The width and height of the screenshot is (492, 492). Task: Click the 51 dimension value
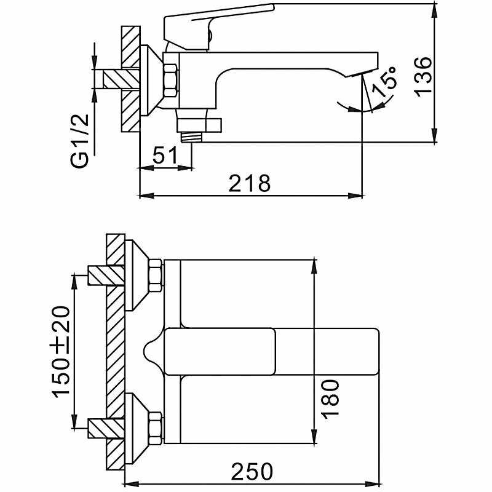tap(164, 156)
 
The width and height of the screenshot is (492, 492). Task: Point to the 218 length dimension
tap(249, 183)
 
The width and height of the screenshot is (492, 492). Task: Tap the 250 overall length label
tap(252, 472)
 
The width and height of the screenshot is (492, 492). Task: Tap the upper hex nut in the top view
tap(156, 275)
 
